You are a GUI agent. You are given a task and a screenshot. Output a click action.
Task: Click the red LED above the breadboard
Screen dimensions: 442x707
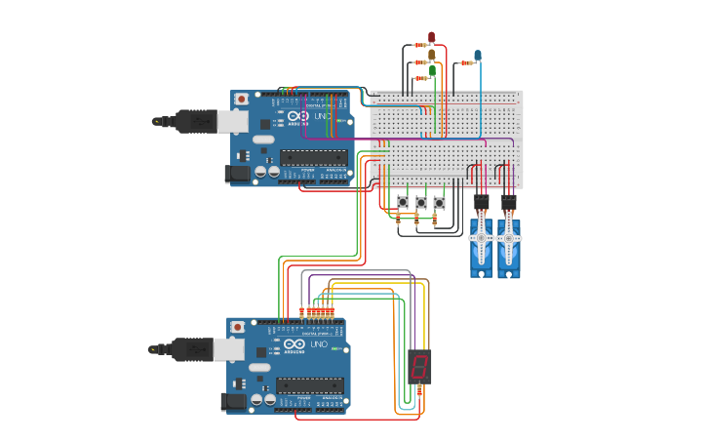tap(432, 38)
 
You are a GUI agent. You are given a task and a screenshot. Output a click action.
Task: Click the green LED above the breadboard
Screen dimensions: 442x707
tap(432, 71)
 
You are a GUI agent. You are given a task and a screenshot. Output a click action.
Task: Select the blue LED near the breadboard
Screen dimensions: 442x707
tap(477, 56)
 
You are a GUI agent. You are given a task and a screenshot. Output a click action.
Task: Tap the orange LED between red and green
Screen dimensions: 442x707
tap(431, 55)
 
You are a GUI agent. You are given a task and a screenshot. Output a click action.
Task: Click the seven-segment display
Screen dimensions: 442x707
tap(419, 366)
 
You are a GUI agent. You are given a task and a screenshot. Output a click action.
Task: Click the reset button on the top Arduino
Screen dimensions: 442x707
tap(241, 99)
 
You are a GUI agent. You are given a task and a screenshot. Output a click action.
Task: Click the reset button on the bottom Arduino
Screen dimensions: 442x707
tap(237, 326)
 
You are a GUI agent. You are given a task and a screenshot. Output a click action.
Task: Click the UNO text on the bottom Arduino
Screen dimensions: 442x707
tap(319, 344)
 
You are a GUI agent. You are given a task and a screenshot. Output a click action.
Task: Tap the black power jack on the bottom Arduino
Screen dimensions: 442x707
tap(234, 400)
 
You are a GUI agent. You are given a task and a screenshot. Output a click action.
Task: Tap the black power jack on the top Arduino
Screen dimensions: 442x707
tap(237, 174)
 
